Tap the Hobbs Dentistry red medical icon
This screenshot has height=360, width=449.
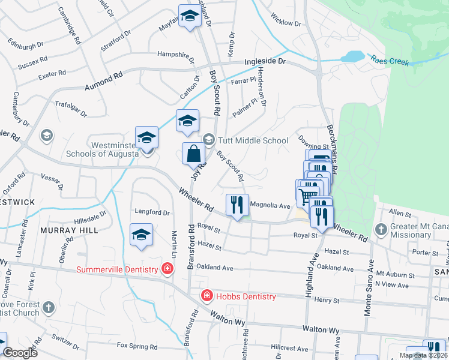pos(206,296)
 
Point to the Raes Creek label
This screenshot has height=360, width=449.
pos(390,61)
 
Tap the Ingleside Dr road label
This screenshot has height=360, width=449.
pos(267,62)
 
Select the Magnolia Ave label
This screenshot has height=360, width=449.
pos(270,205)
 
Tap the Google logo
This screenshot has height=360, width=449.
pos(19,353)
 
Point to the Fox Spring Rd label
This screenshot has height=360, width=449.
pos(137,346)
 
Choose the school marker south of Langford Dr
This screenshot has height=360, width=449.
pos(141,236)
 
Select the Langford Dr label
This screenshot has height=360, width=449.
pos(152,212)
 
